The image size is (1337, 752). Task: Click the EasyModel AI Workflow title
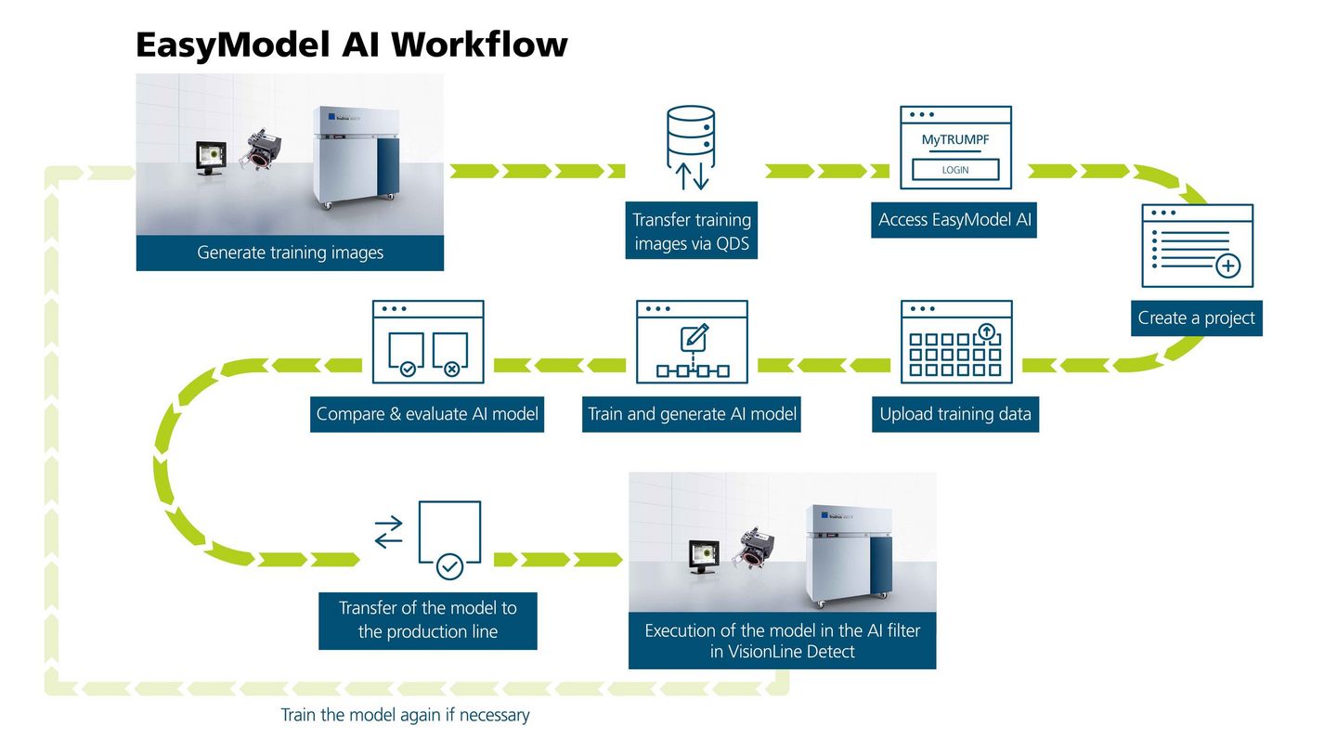point(351,45)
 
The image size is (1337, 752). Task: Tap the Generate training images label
point(290,253)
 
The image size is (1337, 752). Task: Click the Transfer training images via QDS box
point(692,230)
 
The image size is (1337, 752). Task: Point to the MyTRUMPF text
point(955,140)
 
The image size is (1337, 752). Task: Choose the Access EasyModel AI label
point(954,221)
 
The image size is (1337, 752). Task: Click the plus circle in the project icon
point(1227,267)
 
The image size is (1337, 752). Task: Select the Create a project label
point(1196,318)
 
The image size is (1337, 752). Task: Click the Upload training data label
point(955,414)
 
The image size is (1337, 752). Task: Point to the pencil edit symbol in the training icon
point(694,338)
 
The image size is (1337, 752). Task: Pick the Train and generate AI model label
point(692,414)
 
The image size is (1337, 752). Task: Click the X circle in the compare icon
point(451,370)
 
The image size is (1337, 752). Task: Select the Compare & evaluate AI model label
point(427,414)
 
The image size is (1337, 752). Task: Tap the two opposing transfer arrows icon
point(388,532)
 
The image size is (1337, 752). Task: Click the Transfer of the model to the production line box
point(427,620)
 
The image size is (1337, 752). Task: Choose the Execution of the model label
point(782,641)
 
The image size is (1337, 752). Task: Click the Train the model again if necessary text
point(405,716)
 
